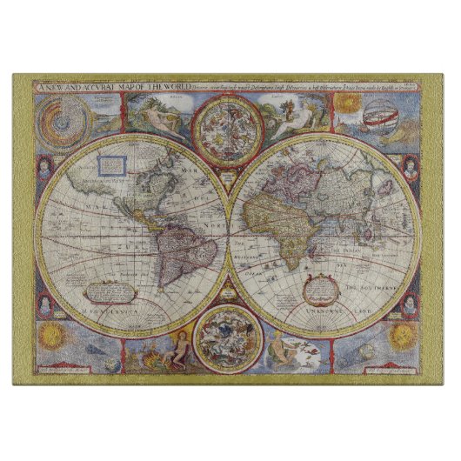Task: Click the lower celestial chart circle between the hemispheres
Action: coord(230,336)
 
